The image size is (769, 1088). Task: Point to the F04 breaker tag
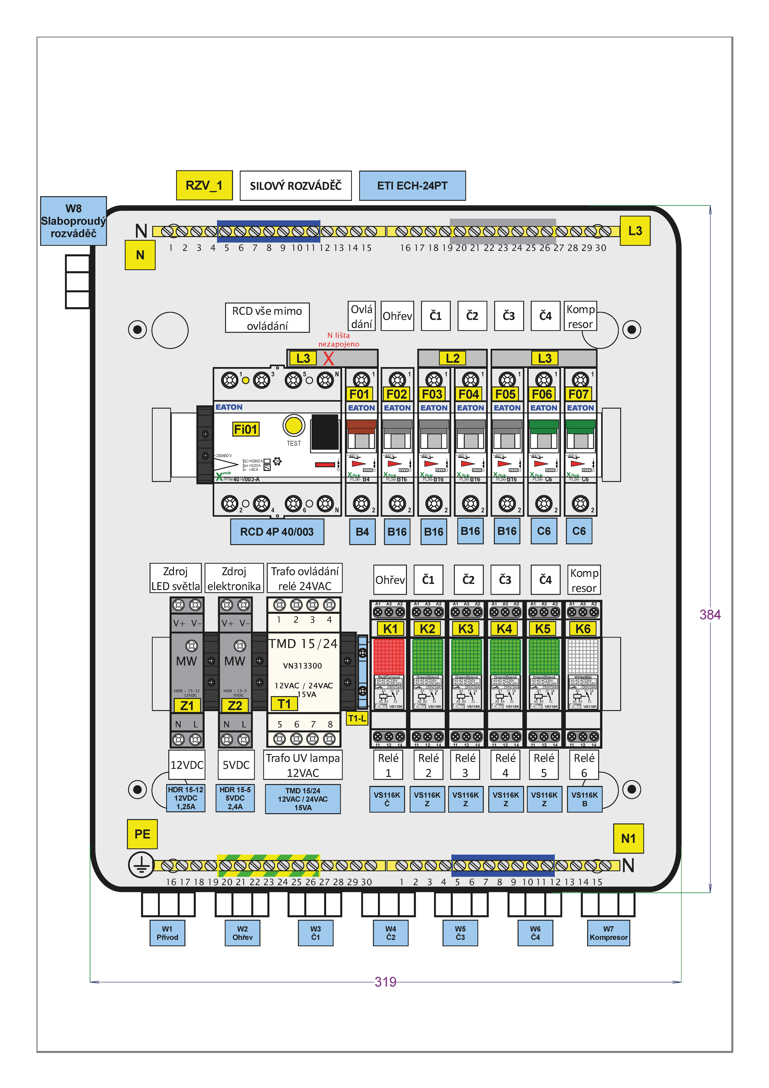click(x=469, y=394)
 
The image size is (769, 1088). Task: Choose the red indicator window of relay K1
click(x=388, y=656)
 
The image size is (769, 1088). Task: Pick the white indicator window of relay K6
click(x=583, y=656)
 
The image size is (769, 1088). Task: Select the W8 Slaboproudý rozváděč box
click(x=73, y=221)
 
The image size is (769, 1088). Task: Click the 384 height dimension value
click(x=710, y=615)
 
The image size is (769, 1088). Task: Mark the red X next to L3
click(x=328, y=358)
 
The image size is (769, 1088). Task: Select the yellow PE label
click(x=142, y=834)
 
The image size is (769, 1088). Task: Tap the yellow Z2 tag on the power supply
click(x=235, y=706)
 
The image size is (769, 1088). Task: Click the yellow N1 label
click(x=628, y=838)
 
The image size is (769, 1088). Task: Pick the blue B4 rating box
click(x=362, y=532)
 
